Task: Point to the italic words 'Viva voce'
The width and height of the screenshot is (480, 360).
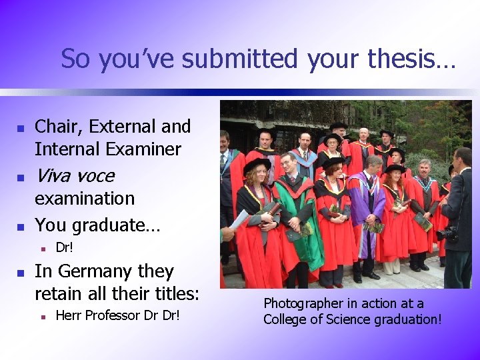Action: click(x=74, y=176)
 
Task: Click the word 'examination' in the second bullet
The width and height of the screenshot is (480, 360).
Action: click(x=85, y=199)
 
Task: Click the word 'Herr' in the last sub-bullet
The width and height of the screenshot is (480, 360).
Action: click(x=68, y=315)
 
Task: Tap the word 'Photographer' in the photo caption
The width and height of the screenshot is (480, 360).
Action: click(x=304, y=304)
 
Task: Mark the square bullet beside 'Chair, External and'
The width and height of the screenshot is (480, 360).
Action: click(x=20, y=127)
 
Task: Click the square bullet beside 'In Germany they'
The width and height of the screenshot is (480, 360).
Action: click(x=20, y=273)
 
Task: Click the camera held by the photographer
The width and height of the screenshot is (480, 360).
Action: click(x=448, y=233)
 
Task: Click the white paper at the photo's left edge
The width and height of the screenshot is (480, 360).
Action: click(x=239, y=219)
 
